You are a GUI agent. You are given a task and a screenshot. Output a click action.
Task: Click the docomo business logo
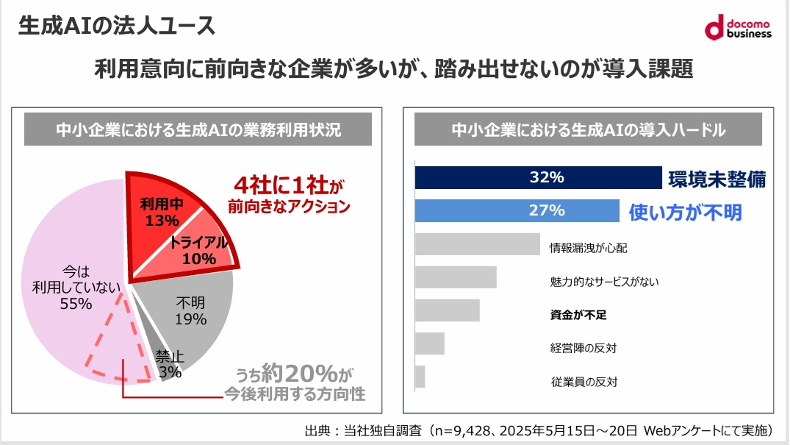click(x=738, y=28)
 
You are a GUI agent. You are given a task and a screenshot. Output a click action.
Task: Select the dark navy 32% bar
click(x=539, y=178)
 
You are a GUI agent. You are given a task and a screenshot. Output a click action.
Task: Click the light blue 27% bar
click(x=517, y=210)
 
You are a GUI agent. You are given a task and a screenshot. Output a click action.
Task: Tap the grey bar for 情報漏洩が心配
click(x=478, y=244)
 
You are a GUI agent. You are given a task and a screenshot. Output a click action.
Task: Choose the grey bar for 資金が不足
click(x=447, y=310)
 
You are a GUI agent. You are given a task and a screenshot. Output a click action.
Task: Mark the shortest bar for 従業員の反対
click(x=420, y=377)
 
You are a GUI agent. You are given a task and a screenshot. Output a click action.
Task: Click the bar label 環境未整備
click(x=717, y=179)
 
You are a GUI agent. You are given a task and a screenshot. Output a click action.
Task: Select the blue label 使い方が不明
click(x=685, y=212)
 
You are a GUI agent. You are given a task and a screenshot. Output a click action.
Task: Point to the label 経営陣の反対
click(x=583, y=347)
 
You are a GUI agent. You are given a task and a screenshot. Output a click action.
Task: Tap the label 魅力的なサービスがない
click(x=604, y=281)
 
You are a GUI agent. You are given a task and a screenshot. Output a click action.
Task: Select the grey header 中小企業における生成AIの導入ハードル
click(x=588, y=130)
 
